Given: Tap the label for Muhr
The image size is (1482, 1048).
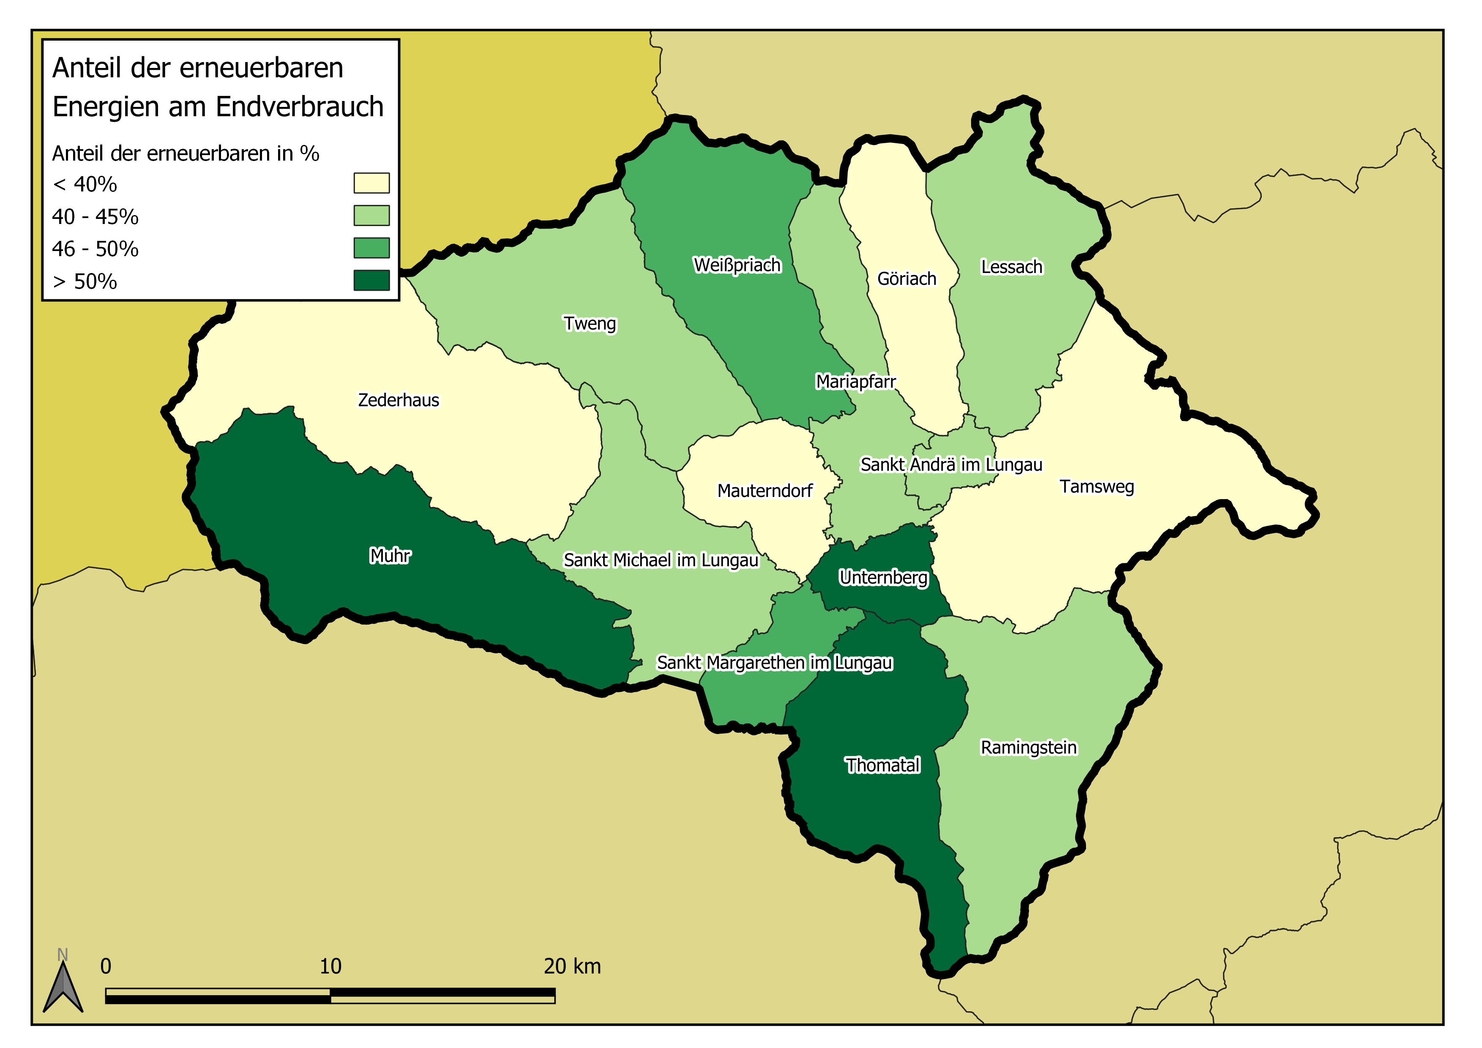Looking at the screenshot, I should [x=390, y=556].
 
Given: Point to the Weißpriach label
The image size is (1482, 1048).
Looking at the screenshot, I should [x=737, y=265].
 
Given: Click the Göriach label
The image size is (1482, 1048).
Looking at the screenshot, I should [x=906, y=279].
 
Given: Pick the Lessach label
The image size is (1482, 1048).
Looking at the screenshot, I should [x=1011, y=267].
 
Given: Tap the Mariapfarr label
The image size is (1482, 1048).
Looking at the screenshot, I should [x=855, y=382].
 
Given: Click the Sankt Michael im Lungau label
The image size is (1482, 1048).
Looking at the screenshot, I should [x=660, y=560].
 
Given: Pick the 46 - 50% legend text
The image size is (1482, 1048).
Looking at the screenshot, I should [x=95, y=249].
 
